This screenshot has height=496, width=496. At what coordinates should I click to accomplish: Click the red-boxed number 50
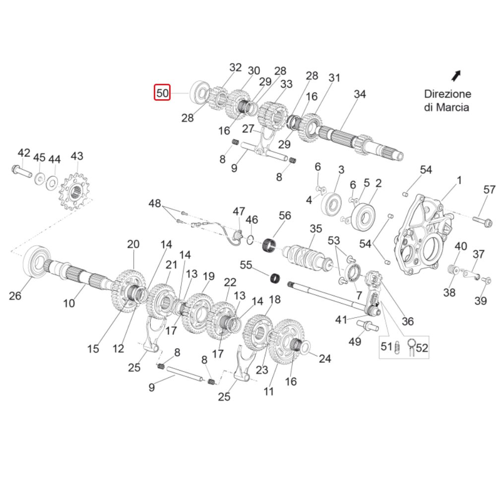point(162,92)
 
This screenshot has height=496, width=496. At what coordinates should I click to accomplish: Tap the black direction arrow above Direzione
point(456,76)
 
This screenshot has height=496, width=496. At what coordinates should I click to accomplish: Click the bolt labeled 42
point(21,171)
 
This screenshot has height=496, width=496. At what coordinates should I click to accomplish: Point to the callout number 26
point(15,296)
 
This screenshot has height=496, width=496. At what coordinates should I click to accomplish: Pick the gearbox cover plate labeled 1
point(422,234)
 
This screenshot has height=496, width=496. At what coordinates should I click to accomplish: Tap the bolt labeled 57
point(483,220)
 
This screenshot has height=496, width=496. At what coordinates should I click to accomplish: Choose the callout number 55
point(246,265)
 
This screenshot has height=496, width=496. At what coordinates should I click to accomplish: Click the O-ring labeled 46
point(250,240)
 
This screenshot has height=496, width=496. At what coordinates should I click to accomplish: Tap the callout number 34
point(360,94)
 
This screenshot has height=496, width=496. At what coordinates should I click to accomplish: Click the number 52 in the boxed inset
point(422,348)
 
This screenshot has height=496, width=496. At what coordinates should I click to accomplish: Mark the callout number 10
point(69,303)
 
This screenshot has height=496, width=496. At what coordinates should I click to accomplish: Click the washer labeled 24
point(305,347)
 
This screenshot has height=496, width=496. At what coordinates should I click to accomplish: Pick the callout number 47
point(239,211)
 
